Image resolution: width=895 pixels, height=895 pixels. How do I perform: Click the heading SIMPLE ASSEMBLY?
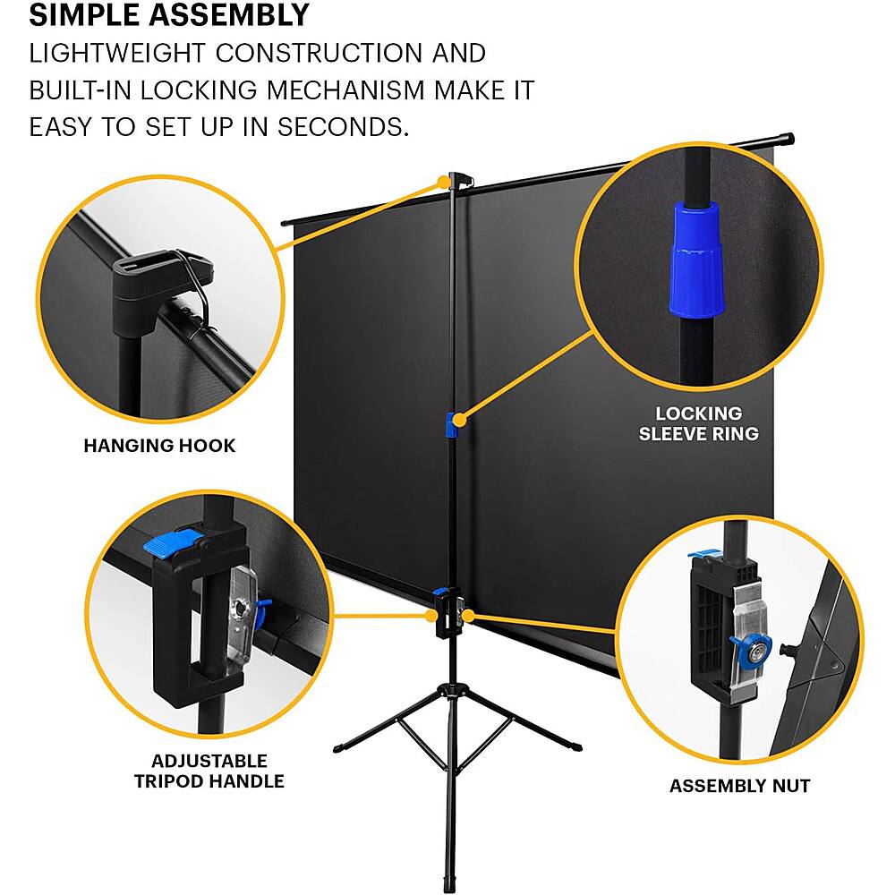pos(169,15)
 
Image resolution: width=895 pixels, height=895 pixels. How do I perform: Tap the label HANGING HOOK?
pos(159,445)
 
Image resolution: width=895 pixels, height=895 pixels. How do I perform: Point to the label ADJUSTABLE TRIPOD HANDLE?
pos(209,771)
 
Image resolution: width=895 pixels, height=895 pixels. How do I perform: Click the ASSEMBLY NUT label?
pos(739,786)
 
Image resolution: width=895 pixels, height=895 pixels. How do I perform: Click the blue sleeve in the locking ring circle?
pos(695,259)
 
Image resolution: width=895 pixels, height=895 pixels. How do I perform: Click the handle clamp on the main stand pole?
pos(448,614)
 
